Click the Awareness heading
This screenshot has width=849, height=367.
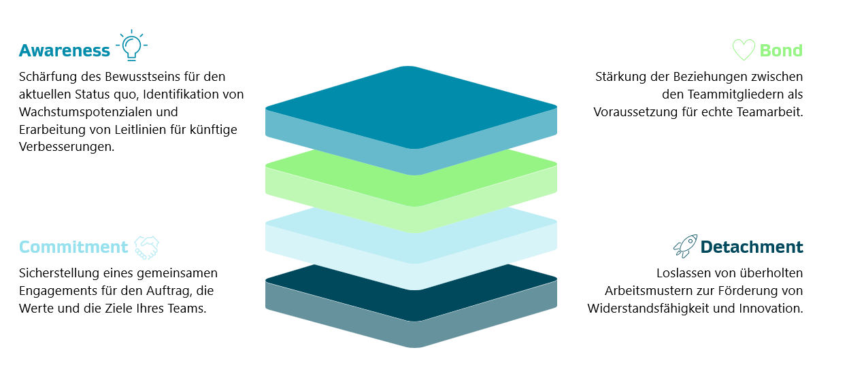coord(65,50)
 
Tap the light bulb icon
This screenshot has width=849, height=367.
coord(131,46)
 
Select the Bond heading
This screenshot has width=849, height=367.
coord(781,50)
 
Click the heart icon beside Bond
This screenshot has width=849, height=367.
coord(744,50)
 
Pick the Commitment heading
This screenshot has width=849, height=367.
coord(73,247)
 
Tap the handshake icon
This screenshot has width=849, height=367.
coord(147,247)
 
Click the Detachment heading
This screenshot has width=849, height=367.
coord(752,247)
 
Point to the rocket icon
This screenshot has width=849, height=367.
coord(685,246)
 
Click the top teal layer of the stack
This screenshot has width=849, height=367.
coord(411,113)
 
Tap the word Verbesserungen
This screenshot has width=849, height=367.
coord(67,147)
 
